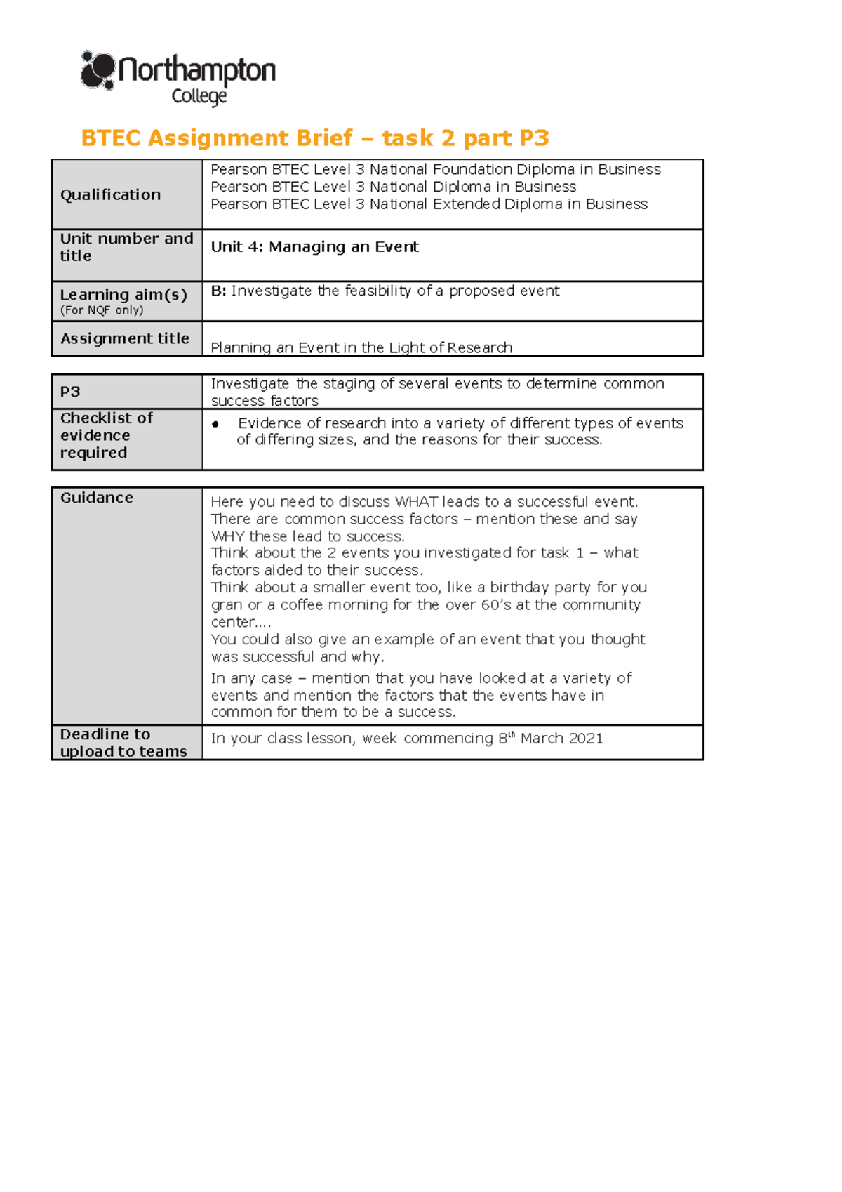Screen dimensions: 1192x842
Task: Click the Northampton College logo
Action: tap(178, 77)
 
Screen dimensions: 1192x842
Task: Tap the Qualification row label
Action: tap(110, 194)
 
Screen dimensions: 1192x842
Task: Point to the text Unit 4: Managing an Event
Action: tap(314, 246)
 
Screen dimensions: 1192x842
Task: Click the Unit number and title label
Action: tap(126, 247)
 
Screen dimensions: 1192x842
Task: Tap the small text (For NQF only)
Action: tap(101, 310)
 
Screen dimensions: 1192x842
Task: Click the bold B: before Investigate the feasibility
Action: tap(218, 291)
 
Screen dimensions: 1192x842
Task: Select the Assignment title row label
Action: tap(124, 338)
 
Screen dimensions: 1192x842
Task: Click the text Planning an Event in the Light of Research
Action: tap(361, 347)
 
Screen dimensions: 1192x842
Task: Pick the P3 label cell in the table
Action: tap(70, 392)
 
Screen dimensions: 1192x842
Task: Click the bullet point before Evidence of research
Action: tap(215, 424)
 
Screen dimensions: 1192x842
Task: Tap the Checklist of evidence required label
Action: tap(105, 435)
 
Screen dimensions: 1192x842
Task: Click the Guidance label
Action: tap(96, 497)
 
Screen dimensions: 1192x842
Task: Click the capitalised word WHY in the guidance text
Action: tap(227, 536)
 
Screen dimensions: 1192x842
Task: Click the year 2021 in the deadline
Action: tap(585, 739)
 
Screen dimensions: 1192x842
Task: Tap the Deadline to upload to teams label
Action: tap(123, 743)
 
